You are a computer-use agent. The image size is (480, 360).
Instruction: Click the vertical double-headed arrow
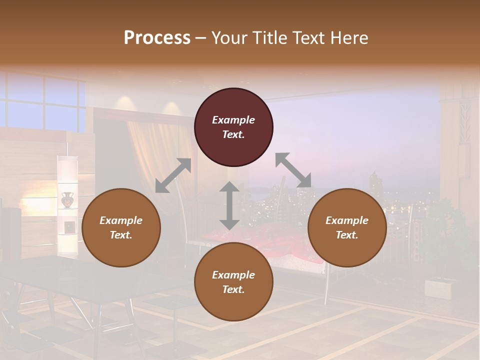tap(229, 205)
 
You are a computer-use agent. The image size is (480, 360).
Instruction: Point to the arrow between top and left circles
tap(173, 175)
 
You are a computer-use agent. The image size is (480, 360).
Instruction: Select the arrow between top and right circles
tap(293, 170)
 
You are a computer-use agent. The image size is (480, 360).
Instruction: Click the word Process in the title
tap(157, 37)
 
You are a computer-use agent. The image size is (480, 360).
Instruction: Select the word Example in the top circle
tap(233, 120)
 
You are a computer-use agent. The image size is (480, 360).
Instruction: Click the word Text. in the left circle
tap(121, 235)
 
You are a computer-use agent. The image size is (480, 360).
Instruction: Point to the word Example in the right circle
tap(347, 220)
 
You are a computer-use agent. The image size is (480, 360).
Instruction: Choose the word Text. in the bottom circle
tap(233, 289)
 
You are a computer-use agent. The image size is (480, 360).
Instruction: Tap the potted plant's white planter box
tap(438, 288)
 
